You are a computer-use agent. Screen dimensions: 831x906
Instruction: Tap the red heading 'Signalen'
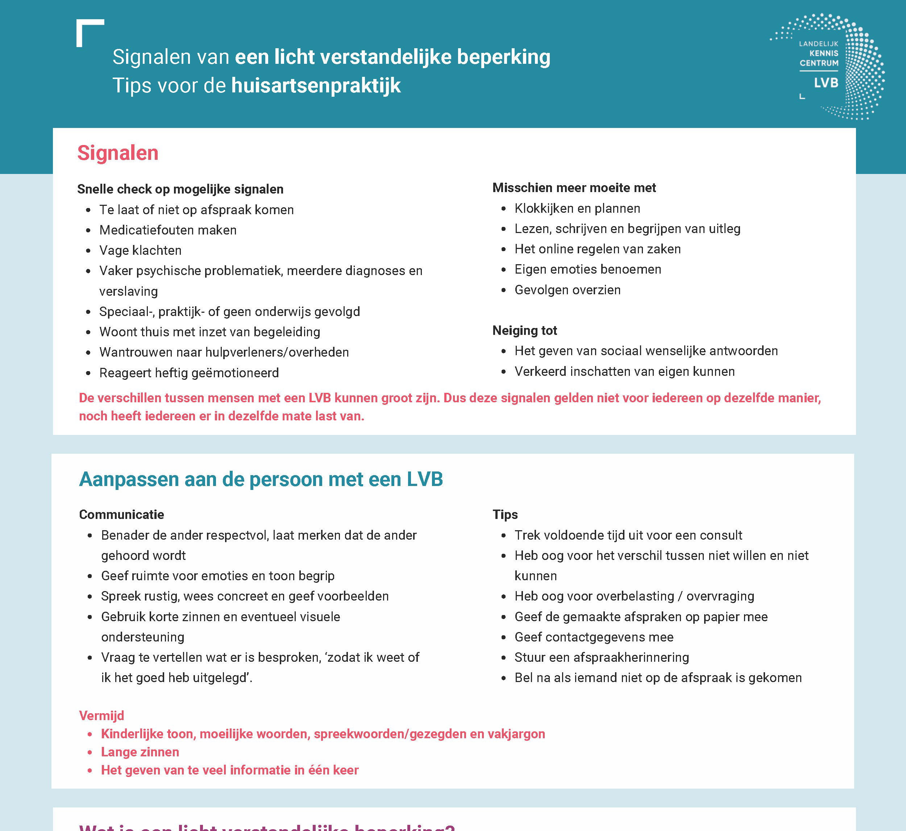[x=118, y=153]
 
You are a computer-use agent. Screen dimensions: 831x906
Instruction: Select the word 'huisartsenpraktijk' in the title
[x=316, y=86]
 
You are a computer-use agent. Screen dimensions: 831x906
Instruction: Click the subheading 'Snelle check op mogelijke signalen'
[x=180, y=189]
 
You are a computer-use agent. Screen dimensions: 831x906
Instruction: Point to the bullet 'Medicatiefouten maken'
[x=168, y=230]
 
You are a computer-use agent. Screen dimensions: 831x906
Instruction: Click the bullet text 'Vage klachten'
[x=140, y=250]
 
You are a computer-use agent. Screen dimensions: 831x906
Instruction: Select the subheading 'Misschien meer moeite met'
[x=574, y=188]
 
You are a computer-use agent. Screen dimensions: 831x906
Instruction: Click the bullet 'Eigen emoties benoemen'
[x=588, y=269]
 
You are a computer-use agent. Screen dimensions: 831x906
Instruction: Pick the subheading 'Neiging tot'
[x=524, y=331]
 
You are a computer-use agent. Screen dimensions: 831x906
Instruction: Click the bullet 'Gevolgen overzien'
[x=568, y=290]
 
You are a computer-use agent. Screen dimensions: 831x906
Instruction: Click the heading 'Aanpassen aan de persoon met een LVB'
[x=261, y=479]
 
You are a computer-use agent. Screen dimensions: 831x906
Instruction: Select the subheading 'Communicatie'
[x=121, y=514]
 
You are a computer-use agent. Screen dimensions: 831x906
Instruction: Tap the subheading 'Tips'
[x=505, y=514]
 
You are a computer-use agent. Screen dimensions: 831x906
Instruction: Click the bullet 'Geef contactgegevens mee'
[x=594, y=637]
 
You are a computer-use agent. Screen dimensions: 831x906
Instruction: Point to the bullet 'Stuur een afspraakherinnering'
[x=602, y=657]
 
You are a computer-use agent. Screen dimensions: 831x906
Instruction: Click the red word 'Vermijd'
[x=101, y=715]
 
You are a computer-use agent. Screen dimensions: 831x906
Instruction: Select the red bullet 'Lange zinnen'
[x=140, y=752]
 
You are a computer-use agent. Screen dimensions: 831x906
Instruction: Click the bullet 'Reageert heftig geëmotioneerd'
[x=189, y=373]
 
